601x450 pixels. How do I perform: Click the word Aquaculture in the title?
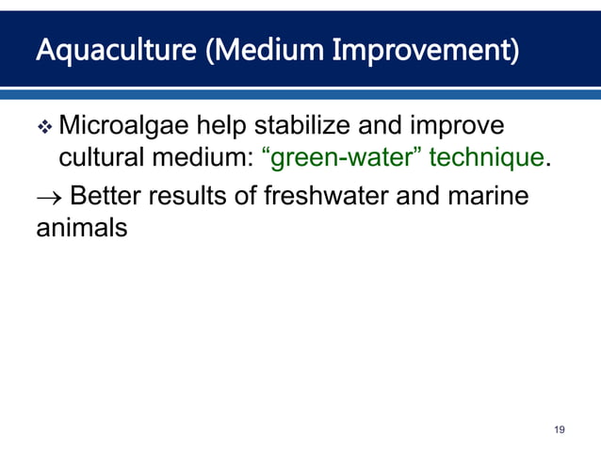(103, 50)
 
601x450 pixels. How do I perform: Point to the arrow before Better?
(47, 198)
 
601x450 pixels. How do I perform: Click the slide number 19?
(560, 429)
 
